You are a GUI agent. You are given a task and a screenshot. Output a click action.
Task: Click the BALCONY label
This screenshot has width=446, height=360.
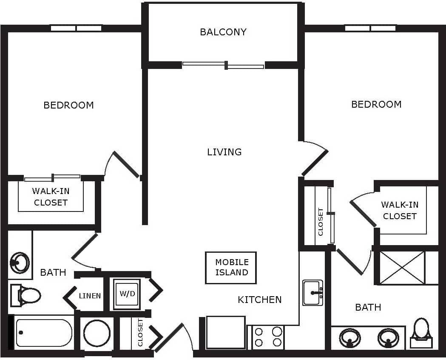click(x=223, y=32)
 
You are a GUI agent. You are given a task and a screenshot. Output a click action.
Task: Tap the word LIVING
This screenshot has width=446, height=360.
click(x=224, y=152)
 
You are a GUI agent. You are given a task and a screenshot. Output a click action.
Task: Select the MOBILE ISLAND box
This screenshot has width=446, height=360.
click(x=231, y=268)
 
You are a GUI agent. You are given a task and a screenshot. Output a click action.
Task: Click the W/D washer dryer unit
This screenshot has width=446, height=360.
click(x=127, y=294)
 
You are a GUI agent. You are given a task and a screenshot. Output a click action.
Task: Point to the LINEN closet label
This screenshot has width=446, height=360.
click(x=90, y=296)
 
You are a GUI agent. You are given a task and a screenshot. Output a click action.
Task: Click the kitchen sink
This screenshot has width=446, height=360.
click(x=312, y=293)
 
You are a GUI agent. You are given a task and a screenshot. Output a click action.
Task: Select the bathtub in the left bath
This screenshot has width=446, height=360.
click(x=44, y=333)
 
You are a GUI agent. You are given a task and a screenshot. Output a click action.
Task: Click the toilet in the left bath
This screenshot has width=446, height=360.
click(x=26, y=295)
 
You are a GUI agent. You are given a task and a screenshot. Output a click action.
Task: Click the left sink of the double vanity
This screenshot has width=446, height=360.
click(x=350, y=338)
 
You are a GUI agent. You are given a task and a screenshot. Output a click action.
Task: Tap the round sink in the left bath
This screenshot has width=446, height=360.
click(x=20, y=262)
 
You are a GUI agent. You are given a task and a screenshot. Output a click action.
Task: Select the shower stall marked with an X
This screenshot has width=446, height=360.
click(x=402, y=268)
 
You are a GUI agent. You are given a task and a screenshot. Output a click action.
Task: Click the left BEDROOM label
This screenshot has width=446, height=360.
click(x=68, y=105)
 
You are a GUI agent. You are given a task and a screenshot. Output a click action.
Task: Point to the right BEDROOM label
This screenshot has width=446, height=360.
click(x=376, y=104)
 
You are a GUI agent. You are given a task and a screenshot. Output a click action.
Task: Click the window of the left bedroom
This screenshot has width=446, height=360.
click(x=76, y=28)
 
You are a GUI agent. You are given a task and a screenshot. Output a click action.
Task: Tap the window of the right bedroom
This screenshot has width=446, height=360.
click(x=370, y=28)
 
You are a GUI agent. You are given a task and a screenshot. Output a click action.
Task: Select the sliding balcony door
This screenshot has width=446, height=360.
click(x=224, y=65)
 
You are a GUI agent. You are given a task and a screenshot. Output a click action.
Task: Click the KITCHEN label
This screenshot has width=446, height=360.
click(x=259, y=300)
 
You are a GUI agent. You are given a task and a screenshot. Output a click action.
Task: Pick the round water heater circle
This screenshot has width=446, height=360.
click(x=97, y=333)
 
